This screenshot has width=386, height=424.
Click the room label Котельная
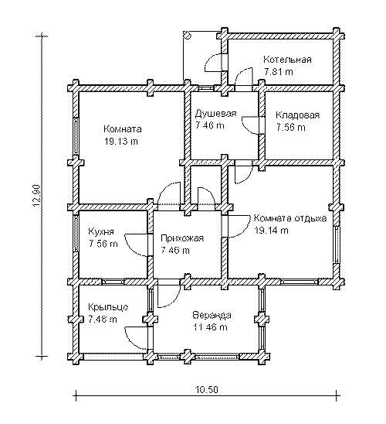coord(287,60)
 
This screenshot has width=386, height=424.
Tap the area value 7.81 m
coord(279,72)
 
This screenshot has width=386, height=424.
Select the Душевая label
coord(216,114)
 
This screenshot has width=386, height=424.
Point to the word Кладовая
coord(297,115)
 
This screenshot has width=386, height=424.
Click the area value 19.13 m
coord(121,141)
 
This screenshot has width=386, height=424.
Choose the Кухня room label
coord(101,232)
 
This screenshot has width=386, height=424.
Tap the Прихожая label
coord(182,238)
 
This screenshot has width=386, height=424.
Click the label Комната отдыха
coord(290,218)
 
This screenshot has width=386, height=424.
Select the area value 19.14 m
coord(272,231)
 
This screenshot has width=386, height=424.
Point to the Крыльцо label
coord(108,307)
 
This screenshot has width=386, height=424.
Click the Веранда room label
coord(212,316)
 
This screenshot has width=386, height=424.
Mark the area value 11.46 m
coord(210,327)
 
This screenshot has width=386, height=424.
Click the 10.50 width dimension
coord(207,390)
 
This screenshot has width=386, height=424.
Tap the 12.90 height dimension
coord(37,196)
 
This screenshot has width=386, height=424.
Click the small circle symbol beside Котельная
coord(187,35)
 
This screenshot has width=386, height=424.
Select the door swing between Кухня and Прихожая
coord(137,245)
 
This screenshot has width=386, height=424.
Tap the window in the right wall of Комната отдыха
coord(337,244)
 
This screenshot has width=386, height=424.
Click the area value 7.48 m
coord(103,320)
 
